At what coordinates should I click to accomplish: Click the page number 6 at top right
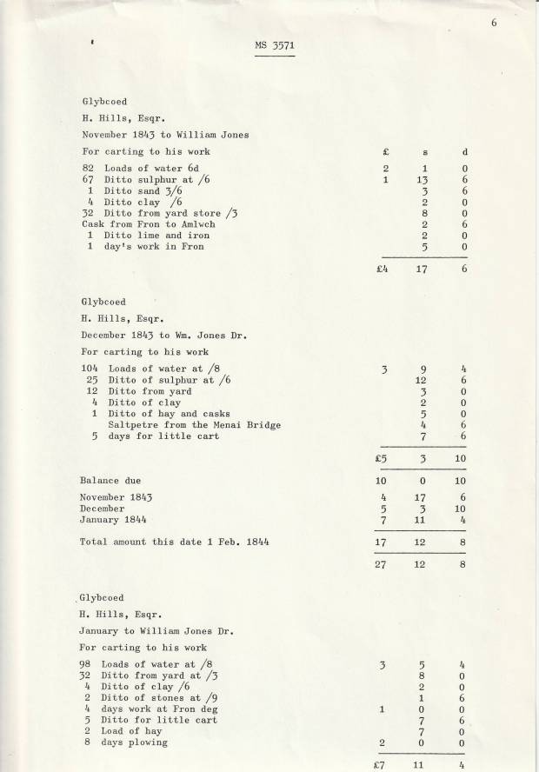[x=493, y=23]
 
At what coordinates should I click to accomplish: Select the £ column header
[x=384, y=152]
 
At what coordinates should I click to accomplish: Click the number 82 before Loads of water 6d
[x=88, y=168]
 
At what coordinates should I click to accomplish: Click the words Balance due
[x=110, y=480]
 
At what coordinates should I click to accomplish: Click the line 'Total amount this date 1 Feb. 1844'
[x=174, y=541]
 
